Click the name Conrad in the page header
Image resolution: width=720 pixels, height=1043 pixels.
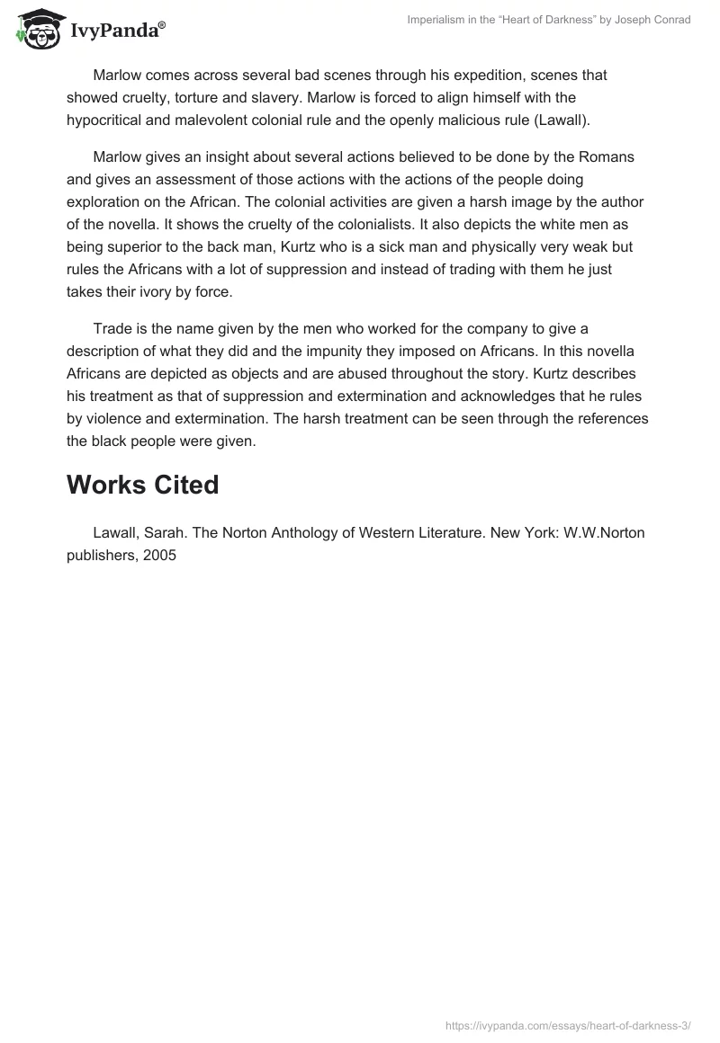(x=670, y=20)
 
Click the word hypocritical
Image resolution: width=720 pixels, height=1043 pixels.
(x=109, y=119)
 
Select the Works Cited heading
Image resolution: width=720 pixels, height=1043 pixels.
(x=143, y=485)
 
